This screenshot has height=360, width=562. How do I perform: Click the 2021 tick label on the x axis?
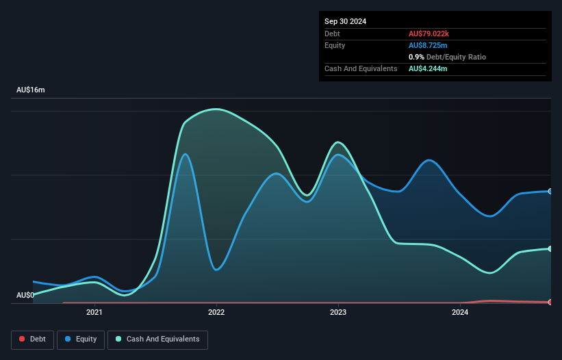(94, 313)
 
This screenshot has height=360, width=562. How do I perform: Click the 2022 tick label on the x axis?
(216, 313)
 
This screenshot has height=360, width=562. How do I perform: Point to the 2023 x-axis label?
(337, 313)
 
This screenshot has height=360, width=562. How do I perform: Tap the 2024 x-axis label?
(459, 313)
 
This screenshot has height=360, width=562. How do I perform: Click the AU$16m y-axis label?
(31, 90)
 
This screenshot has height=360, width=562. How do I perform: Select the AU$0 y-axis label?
(25, 295)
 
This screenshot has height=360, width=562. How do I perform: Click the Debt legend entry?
(31, 339)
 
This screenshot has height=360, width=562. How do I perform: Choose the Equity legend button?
(81, 339)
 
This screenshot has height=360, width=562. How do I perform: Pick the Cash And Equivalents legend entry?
(157, 339)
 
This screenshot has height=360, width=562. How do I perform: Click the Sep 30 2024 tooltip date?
(345, 21)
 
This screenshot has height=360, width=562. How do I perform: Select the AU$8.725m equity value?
(429, 45)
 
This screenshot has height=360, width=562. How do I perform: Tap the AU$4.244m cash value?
(429, 69)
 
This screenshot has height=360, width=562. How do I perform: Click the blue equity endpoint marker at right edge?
(550, 191)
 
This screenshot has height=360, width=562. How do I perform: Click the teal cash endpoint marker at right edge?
(550, 248)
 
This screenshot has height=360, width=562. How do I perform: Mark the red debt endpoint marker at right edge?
(550, 302)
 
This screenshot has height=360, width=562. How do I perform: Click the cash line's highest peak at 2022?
(216, 109)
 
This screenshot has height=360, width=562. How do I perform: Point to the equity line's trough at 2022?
(216, 270)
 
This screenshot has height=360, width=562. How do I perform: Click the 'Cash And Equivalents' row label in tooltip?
(361, 69)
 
